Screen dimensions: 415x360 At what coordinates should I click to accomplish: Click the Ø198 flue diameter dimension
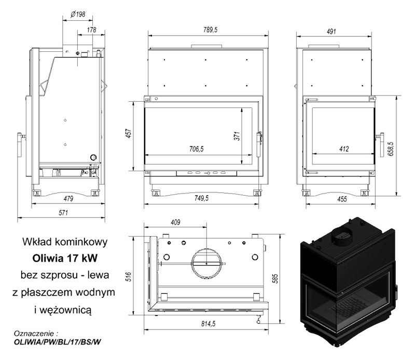point(78,14)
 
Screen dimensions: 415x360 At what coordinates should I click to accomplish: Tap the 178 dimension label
point(92,30)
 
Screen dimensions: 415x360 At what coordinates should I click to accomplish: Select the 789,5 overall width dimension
point(211,30)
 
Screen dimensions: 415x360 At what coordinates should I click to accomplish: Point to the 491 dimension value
point(331,31)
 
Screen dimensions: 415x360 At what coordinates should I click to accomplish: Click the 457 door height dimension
point(129,134)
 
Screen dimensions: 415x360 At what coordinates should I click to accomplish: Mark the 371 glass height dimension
point(237,136)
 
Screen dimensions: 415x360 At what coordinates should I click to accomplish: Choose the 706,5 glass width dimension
point(197,149)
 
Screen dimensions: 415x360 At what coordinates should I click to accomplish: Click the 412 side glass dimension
point(344,149)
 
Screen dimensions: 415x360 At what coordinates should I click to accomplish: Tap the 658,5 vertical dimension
point(392,148)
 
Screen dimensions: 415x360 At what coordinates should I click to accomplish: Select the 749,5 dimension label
point(201,198)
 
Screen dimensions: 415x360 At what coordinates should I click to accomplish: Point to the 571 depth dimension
point(63,213)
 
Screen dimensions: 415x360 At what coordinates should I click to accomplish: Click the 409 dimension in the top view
point(175,222)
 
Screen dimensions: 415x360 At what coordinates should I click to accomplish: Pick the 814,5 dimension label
point(209,324)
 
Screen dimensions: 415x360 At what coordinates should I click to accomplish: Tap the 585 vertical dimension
point(275,279)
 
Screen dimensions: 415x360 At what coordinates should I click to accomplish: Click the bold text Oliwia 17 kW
point(65,258)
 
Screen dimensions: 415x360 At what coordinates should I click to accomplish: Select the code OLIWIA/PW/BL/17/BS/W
point(58,342)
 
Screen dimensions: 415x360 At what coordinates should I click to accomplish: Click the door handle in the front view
point(259,144)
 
